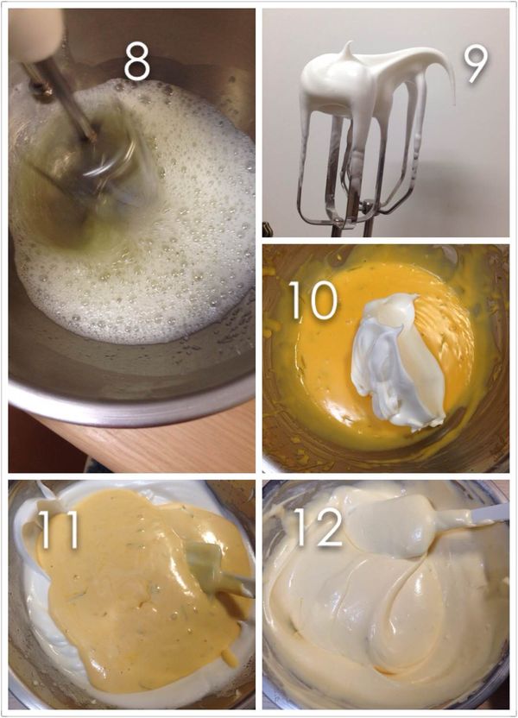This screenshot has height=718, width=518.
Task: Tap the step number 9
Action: (477, 64)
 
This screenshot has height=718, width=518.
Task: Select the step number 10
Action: (313, 299)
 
